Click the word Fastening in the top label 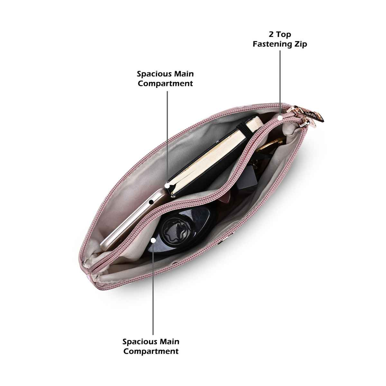pyautogui.click(x=272, y=44)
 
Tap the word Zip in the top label pyautogui.click(x=300, y=44)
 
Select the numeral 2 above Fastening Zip pyautogui.click(x=271, y=34)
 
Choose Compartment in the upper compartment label pyautogui.click(x=165, y=83)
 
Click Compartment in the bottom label pyautogui.click(x=151, y=351)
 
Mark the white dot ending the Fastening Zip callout pyautogui.click(x=280, y=118)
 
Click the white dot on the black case pyautogui.click(x=153, y=240)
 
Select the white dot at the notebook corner pyautogui.click(x=167, y=186)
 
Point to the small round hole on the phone pyautogui.click(x=151, y=202)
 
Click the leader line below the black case pyautogui.click(x=153, y=289)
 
